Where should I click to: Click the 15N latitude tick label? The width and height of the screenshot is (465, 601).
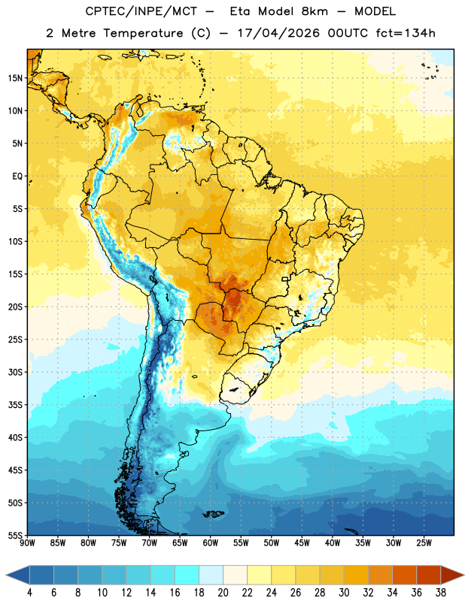tap(15, 78)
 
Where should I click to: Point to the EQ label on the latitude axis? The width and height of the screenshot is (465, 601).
tap(17, 177)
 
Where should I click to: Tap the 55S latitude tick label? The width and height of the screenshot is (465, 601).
tap(15, 535)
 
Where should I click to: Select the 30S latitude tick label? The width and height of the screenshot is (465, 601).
tap(15, 372)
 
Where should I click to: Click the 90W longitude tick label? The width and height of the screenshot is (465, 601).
tap(28, 543)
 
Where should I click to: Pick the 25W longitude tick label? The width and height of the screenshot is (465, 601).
tap(424, 543)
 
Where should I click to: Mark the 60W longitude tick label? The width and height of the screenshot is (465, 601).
tap(211, 543)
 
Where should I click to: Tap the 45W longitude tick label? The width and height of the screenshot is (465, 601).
tap(302, 543)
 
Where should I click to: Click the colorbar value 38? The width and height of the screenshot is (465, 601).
tap(441, 593)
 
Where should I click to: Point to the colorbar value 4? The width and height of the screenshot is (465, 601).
tap(29, 593)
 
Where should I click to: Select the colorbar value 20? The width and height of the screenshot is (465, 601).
tap(223, 593)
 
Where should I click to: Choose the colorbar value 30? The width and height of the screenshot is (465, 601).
tap(344, 593)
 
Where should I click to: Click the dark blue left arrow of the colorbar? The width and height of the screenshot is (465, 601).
tap(18, 575)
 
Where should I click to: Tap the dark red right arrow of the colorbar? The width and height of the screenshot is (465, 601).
tap(452, 575)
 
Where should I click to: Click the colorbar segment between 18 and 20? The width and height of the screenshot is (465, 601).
tap(211, 575)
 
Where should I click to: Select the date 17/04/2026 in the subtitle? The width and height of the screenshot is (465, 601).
tap(278, 33)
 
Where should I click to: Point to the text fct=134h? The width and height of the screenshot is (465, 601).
tap(406, 33)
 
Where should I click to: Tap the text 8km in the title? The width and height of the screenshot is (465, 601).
tap(315, 11)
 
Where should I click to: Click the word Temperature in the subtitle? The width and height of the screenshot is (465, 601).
tap(143, 34)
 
